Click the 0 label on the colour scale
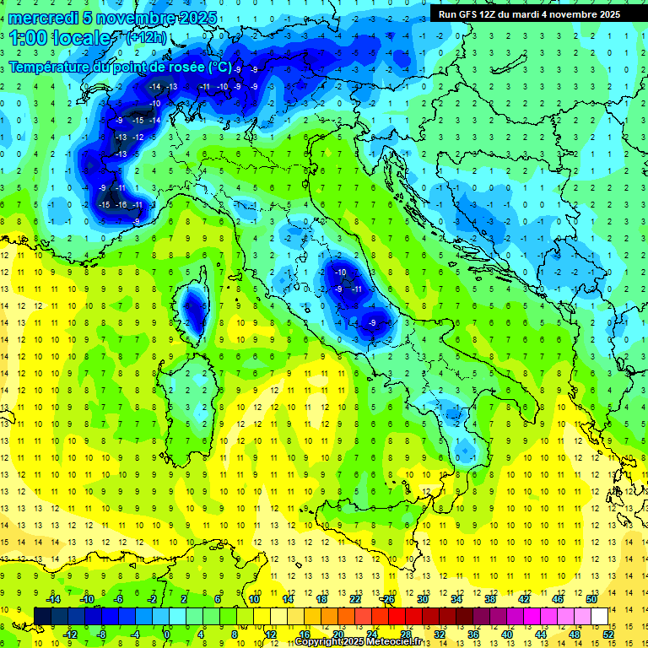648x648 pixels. pyautogui.click(x=167, y=634)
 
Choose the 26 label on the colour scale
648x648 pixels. pyautogui.click(x=388, y=598)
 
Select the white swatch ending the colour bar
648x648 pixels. pyautogui.click(x=599, y=616)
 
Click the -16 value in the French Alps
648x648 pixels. pyautogui.click(x=121, y=205)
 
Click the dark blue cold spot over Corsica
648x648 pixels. pyautogui.click(x=194, y=310)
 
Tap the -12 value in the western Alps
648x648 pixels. pyautogui.click(x=138, y=137)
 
